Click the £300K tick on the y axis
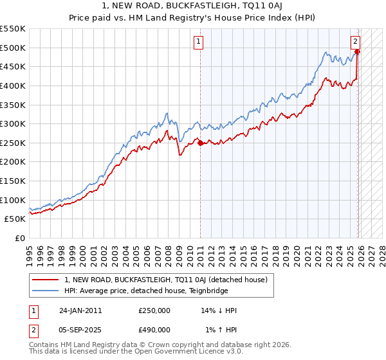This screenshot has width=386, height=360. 13,123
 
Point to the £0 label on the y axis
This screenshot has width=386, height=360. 19,238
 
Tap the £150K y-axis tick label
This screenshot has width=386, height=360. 13,181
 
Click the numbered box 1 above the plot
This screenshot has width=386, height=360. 199,42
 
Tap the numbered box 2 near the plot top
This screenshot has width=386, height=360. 355,42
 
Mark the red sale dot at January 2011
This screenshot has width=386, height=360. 200,143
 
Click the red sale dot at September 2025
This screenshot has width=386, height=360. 358,51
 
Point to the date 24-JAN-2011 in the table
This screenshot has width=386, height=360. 80,310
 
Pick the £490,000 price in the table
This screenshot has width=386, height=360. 154,329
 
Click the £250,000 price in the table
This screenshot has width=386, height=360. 154,310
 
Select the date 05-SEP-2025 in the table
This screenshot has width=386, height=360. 80,329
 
